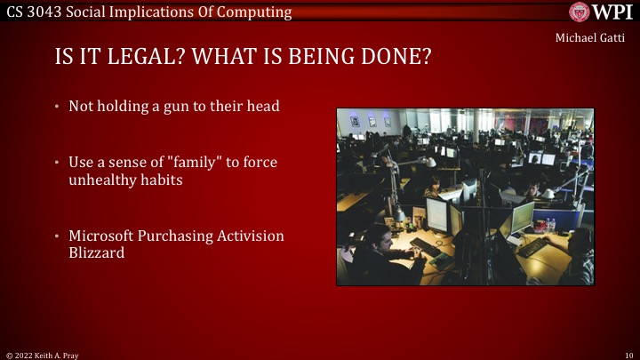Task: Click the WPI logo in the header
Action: point(604,12)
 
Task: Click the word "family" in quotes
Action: point(186,163)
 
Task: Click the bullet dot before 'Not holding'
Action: point(57,107)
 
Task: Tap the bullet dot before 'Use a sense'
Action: point(57,163)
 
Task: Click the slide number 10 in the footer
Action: point(628,354)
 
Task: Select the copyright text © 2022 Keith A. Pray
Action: point(43,354)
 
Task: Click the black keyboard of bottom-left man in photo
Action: point(441,263)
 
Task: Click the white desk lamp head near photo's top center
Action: point(429,163)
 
